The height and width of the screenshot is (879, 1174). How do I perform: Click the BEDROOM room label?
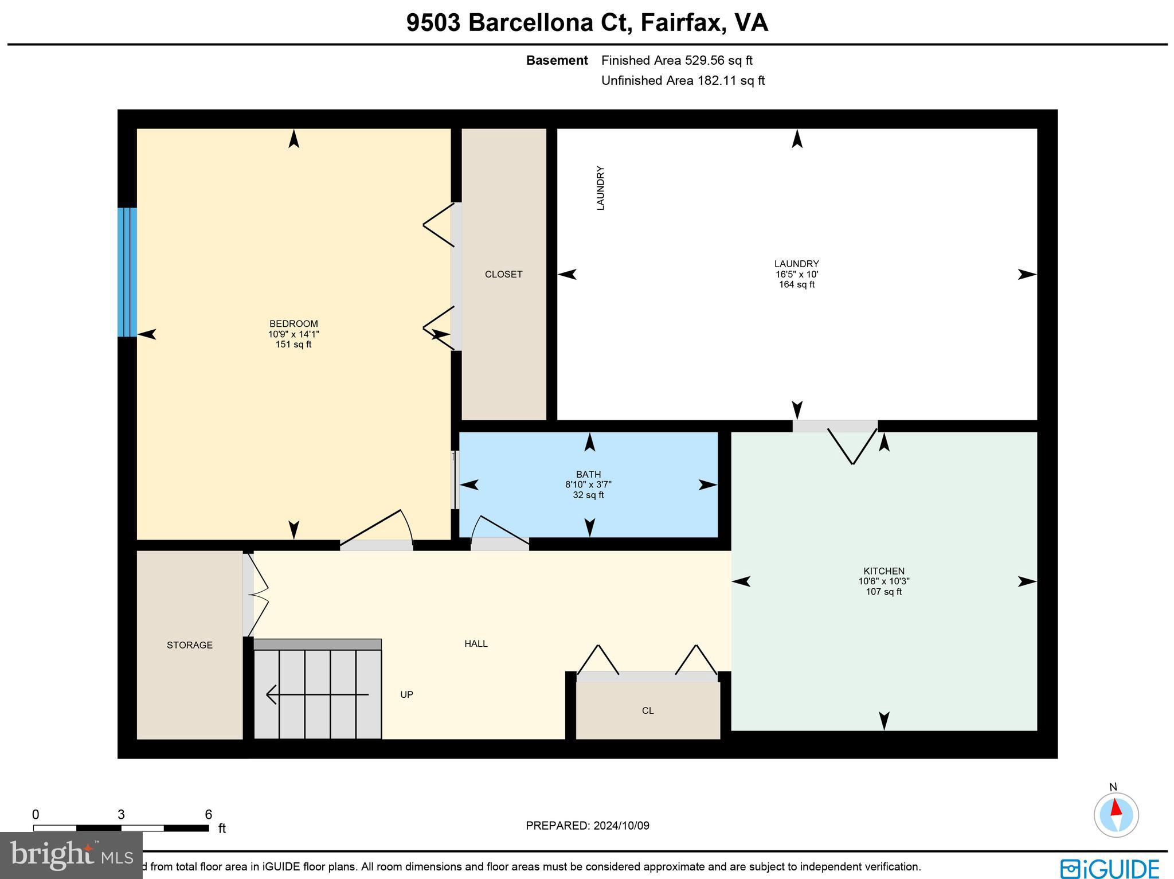(293, 324)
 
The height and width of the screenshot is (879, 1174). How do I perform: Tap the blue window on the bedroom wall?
(127, 272)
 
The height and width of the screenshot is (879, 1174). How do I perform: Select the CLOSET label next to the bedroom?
(503, 275)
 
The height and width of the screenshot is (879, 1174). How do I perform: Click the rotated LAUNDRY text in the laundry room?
(601, 188)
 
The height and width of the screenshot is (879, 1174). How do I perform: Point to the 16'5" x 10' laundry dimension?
(796, 275)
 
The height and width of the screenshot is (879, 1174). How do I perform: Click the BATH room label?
(588, 474)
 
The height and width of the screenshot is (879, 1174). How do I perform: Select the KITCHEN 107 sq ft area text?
(883, 592)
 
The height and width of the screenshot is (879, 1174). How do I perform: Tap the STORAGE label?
(190, 645)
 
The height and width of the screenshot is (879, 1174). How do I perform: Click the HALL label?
(476, 644)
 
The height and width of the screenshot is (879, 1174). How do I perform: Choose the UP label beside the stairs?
(406, 695)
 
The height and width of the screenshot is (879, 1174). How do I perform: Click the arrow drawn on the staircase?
(317, 695)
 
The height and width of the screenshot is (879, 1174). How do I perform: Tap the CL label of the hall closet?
(648, 711)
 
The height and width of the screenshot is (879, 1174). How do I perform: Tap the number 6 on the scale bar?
(208, 815)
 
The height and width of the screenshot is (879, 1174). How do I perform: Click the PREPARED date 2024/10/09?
(621, 826)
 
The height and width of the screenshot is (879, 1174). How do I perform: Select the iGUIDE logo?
(1109, 868)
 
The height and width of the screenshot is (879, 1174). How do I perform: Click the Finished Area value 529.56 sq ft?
(718, 60)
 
